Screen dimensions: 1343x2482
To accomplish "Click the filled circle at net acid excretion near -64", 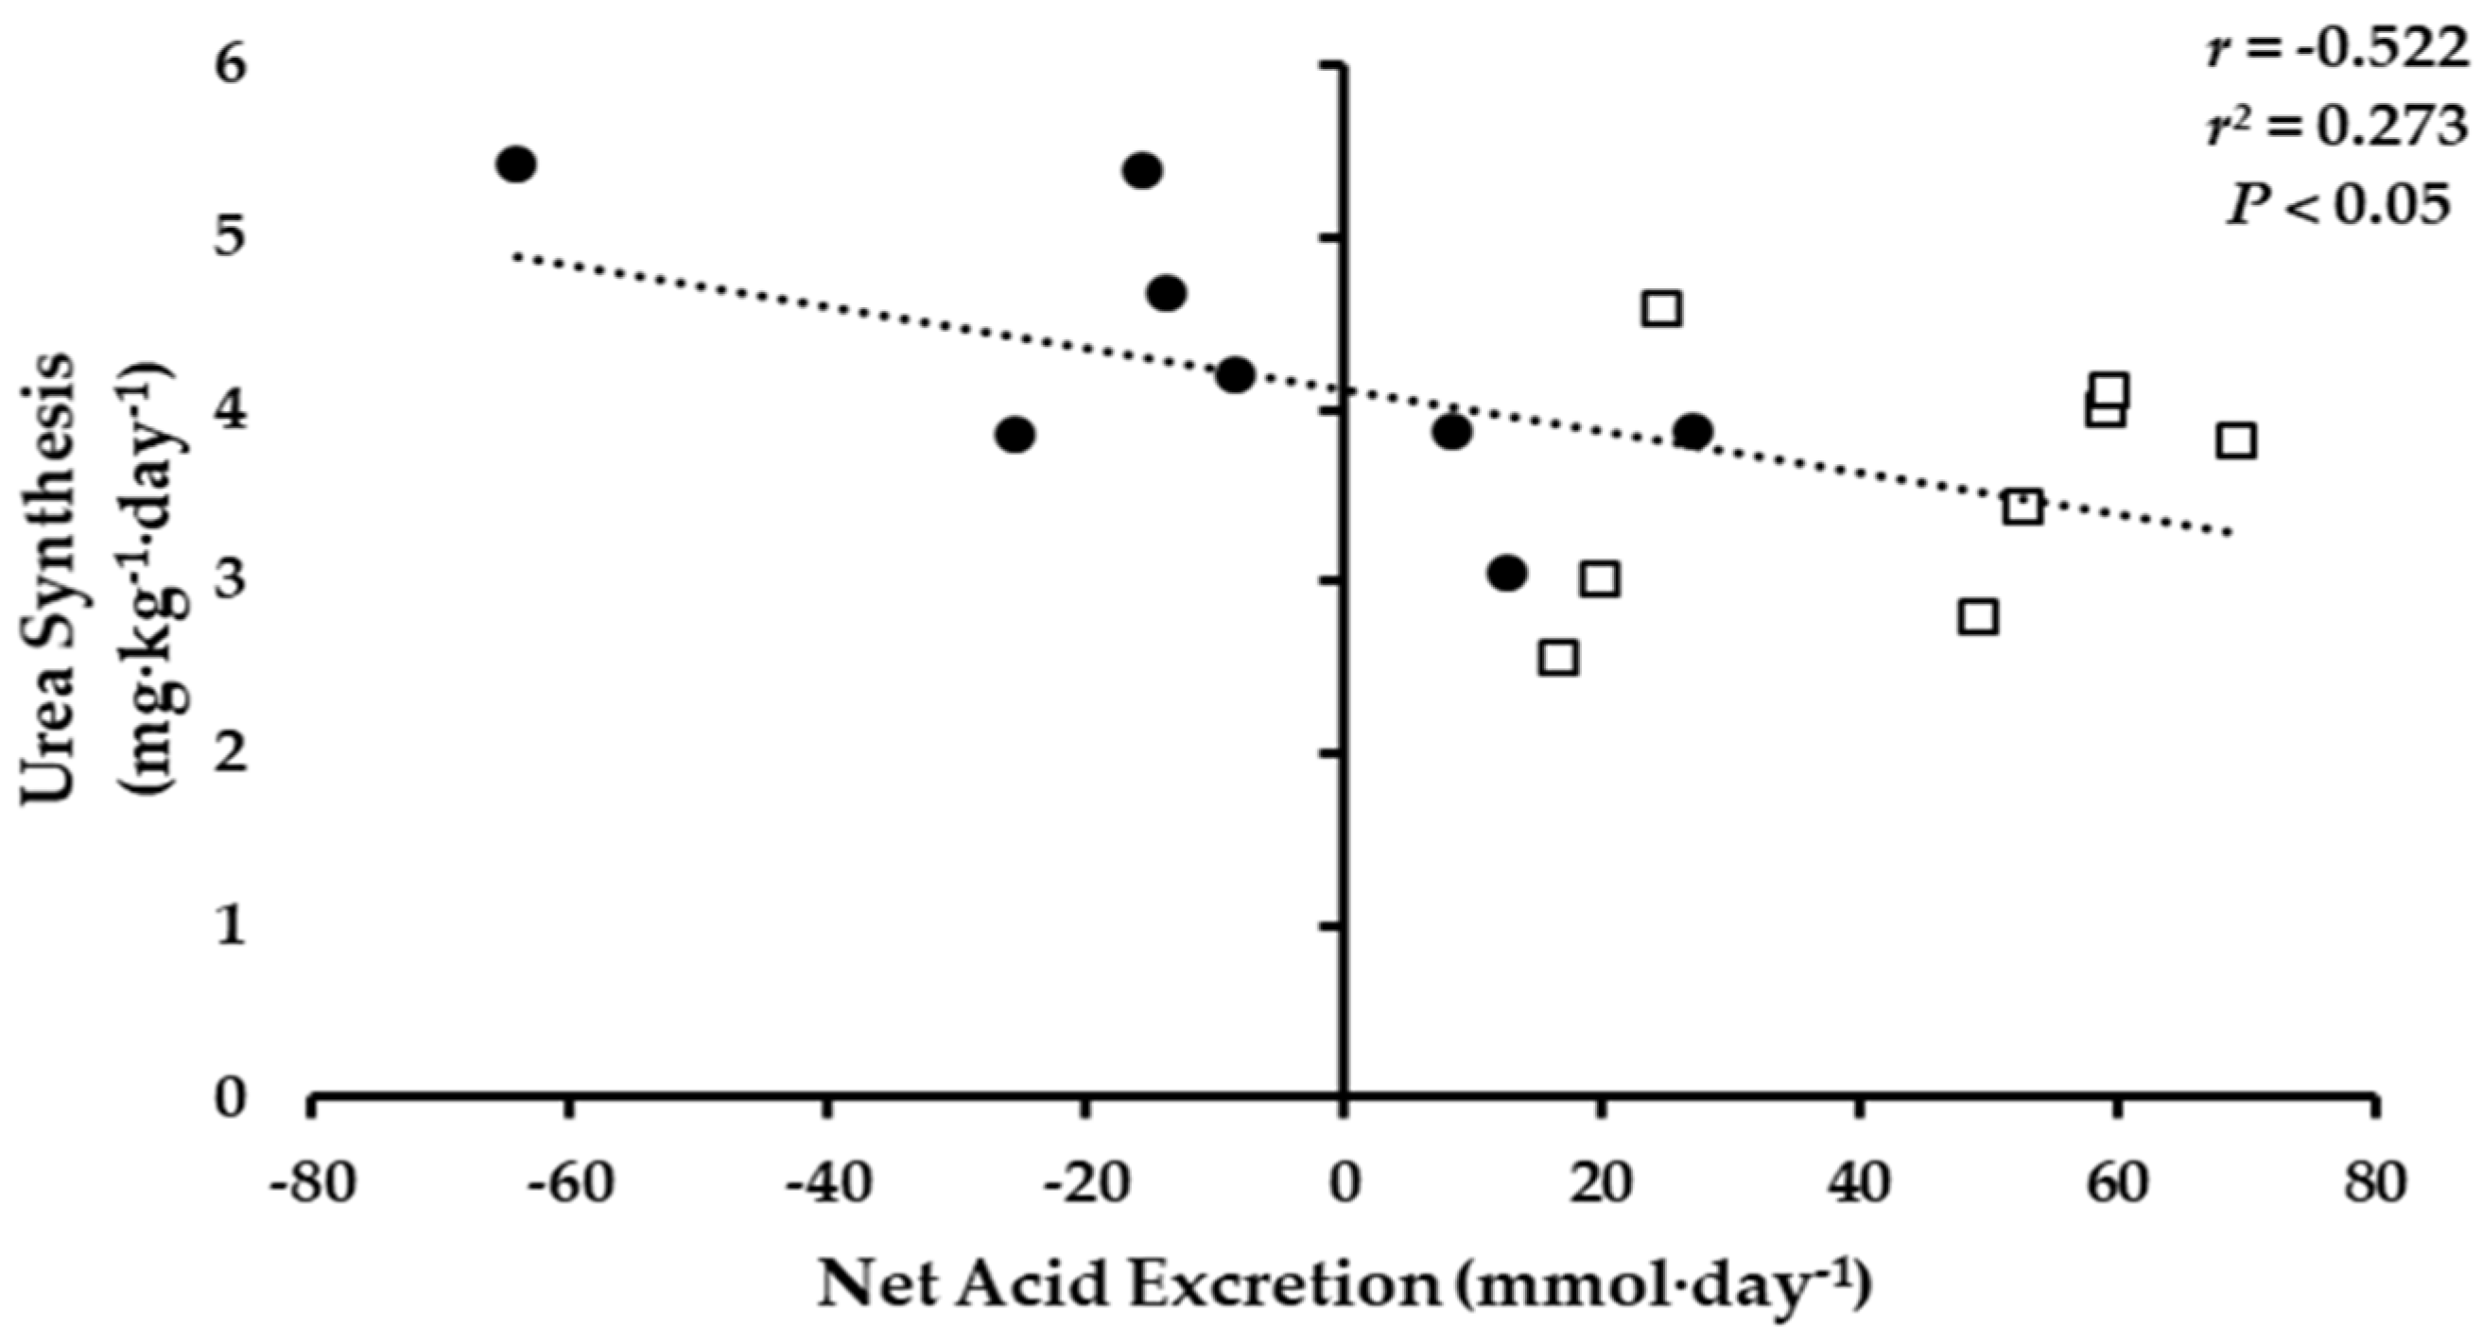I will point(516,164).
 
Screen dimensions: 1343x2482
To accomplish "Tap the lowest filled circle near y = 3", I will point(1507,574).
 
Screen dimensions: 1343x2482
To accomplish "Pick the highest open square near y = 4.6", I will point(1663,309).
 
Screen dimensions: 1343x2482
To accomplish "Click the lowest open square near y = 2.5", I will point(1558,658).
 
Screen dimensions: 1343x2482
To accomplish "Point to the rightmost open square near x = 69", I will point(2235,441).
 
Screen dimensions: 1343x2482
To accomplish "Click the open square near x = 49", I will point(1977,616).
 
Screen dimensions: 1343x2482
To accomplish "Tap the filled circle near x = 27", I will point(1692,432).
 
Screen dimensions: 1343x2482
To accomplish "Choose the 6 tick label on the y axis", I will point(233,65).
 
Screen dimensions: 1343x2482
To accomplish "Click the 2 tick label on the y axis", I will point(233,754).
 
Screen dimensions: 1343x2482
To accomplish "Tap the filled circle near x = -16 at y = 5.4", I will point(1143,171).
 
